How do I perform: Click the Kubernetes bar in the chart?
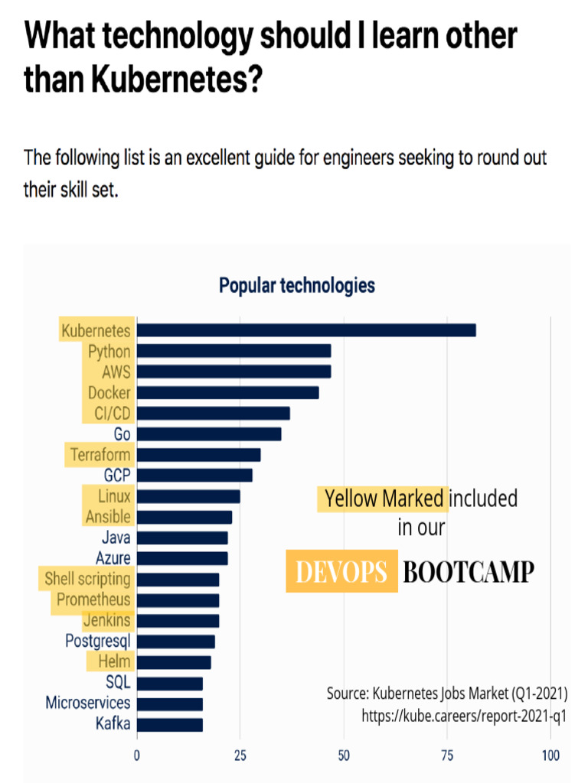coord(306,330)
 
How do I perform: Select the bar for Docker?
coord(228,392)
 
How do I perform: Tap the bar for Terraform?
coord(199,455)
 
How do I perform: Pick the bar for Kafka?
coord(170,723)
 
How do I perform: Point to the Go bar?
coord(209,434)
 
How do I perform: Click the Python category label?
coord(109,352)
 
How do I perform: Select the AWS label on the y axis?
coord(116,372)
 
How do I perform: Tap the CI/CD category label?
coord(111,414)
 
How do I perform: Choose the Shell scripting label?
coord(87,579)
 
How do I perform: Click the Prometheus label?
coord(93,599)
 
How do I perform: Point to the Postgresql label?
coord(97,641)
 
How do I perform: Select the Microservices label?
coord(88,703)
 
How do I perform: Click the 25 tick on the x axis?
coord(240,756)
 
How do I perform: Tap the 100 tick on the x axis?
coord(550,756)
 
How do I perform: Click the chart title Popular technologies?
coord(297,286)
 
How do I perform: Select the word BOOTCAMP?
coord(468,572)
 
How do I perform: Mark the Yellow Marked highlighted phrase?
coord(384,499)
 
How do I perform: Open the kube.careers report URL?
coord(464,716)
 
